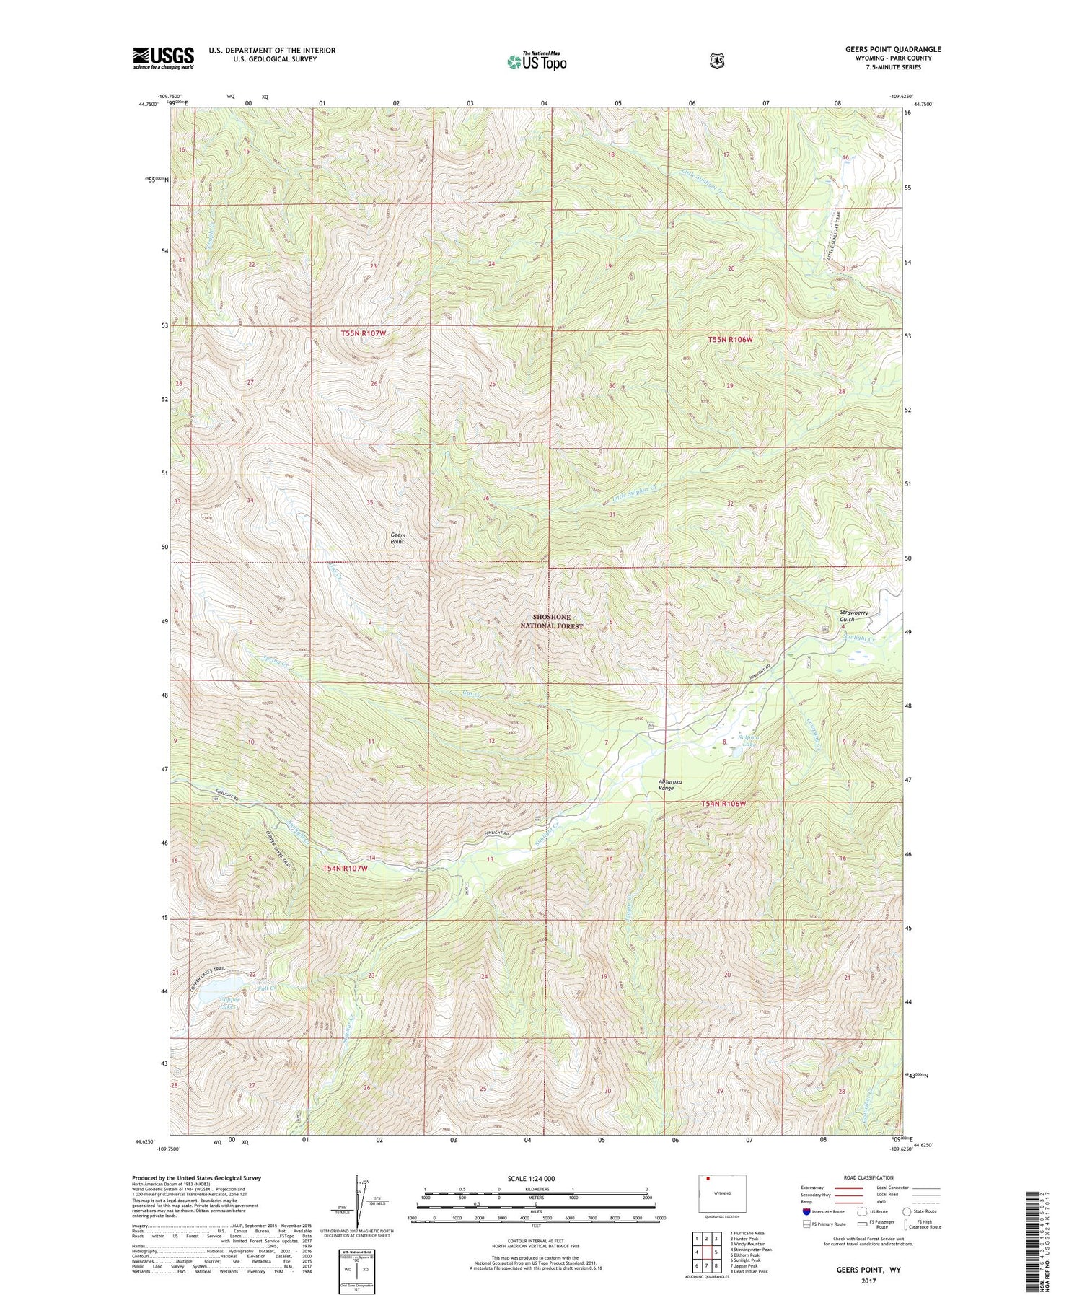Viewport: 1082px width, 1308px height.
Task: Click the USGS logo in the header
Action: click(164, 58)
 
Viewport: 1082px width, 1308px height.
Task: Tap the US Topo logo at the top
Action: click(537, 61)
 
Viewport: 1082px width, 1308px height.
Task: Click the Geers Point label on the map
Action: click(398, 538)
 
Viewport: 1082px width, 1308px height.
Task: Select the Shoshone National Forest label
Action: click(551, 621)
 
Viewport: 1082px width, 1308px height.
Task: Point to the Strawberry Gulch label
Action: click(853, 615)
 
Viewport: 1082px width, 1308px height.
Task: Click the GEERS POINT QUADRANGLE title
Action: click(893, 49)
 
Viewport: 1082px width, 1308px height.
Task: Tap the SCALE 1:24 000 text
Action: click(532, 1178)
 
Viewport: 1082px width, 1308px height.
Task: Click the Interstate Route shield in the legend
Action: click(806, 1211)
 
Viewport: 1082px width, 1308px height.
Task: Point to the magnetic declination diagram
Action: click(359, 1201)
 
